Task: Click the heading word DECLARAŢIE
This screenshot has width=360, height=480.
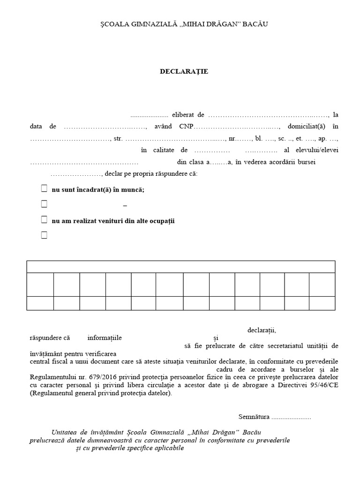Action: click(x=184, y=72)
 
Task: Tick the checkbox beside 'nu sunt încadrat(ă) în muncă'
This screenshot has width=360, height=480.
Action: click(x=44, y=189)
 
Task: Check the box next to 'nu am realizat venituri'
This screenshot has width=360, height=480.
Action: click(x=44, y=220)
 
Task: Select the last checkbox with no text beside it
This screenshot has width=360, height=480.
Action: click(x=44, y=235)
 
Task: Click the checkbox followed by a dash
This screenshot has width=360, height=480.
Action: click(x=44, y=204)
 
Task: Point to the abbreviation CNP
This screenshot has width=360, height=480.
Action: click(x=186, y=127)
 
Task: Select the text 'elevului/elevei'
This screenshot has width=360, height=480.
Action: click(x=318, y=150)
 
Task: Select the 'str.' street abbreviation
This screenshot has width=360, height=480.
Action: click(x=118, y=139)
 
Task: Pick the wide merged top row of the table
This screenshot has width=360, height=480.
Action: click(x=180, y=267)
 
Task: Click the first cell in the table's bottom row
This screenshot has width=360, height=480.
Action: click(x=40, y=303)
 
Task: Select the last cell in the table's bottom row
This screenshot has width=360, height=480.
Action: click(x=322, y=303)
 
